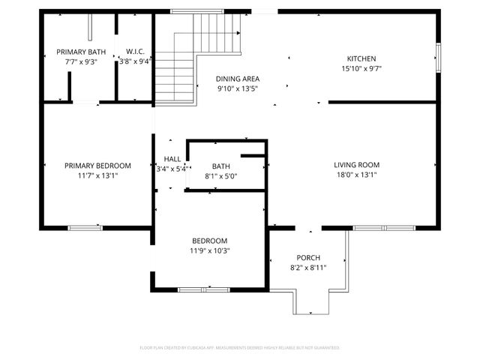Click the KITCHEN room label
tap(361, 58)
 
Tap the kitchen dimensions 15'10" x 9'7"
tap(361, 68)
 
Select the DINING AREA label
tap(237, 79)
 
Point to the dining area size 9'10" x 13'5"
tap(237, 88)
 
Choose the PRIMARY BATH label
tap(81, 52)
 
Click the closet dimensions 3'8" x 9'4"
tap(136, 61)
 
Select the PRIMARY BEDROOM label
tap(97, 166)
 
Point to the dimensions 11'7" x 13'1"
tap(97, 175)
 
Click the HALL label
tap(172, 159)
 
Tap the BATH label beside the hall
tap(220, 166)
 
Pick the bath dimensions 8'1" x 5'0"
tap(220, 176)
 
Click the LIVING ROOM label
tap(356, 165)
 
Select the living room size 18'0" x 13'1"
tap(356, 175)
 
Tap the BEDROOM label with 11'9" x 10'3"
tap(210, 241)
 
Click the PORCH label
tap(308, 257)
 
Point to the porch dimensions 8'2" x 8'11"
tap(308, 267)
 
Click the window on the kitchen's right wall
tap(438, 56)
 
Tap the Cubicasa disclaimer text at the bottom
tap(240, 348)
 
